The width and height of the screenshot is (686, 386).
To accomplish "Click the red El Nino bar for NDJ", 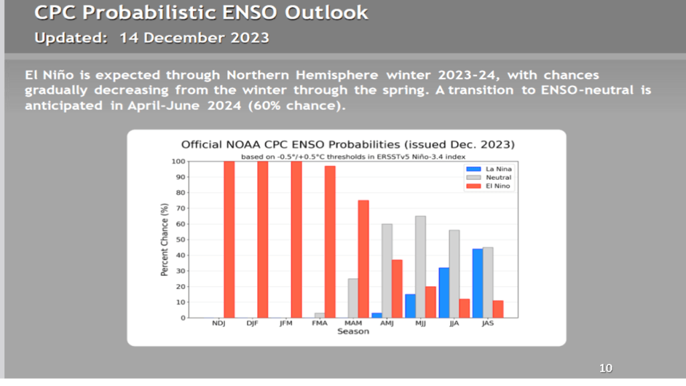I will [x=229, y=239].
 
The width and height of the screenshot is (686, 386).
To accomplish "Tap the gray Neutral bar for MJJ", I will [x=420, y=267].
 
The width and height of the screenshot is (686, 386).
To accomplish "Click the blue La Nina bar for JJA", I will [x=444, y=292].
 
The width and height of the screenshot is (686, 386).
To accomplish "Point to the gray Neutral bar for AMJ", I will [x=387, y=271].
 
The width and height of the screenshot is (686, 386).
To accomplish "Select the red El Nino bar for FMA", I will [x=330, y=241].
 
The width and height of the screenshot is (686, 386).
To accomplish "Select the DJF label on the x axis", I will [x=252, y=324].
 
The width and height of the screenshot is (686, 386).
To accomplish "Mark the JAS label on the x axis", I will [x=487, y=324].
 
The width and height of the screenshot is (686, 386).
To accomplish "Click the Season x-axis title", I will [x=353, y=332].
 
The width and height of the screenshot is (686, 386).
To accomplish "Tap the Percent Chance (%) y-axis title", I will [x=164, y=239].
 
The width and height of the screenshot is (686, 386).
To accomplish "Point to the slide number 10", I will [x=606, y=368].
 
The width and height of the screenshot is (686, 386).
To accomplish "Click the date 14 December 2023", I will [x=194, y=38].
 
